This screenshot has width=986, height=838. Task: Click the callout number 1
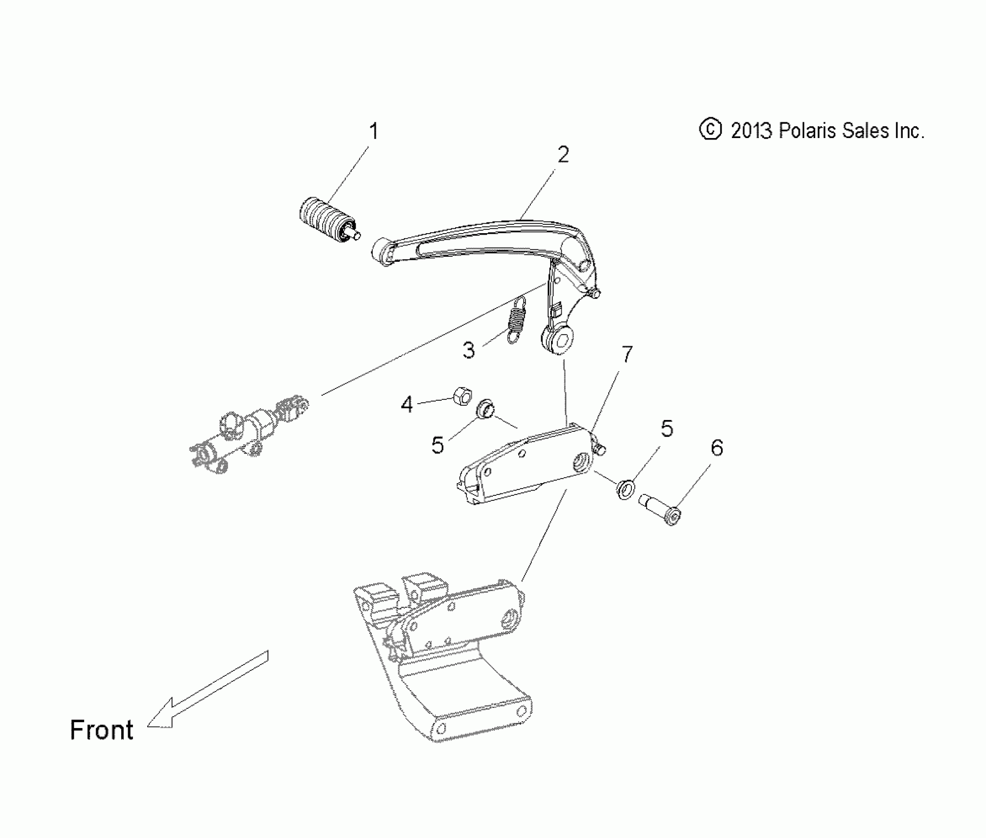pyautogui.click(x=374, y=132)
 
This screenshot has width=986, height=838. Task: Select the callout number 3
pyautogui.click(x=469, y=350)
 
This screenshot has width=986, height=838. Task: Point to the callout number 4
pyautogui.click(x=406, y=405)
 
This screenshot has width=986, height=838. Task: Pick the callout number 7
pyautogui.click(x=626, y=354)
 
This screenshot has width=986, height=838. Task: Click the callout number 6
pyautogui.click(x=717, y=448)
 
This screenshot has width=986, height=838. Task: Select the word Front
pyautogui.click(x=101, y=730)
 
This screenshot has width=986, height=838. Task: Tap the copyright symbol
pyautogui.click(x=710, y=130)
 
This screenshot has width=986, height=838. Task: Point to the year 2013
pyautogui.click(x=752, y=131)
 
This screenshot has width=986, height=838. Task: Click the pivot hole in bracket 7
pyautogui.click(x=582, y=463)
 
